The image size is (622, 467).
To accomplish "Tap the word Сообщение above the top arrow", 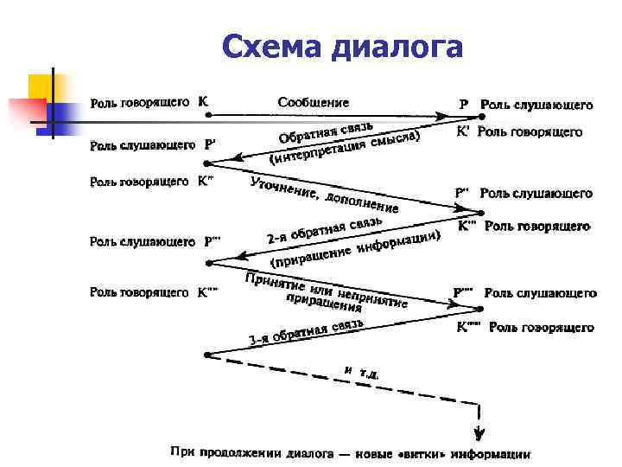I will point(314,101).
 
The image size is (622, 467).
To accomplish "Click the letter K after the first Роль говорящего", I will point(202,100).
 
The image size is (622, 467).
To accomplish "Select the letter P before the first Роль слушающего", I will point(464,105).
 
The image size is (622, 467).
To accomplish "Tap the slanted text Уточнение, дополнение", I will point(323,195).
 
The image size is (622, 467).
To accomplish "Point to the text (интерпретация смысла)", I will point(346,147).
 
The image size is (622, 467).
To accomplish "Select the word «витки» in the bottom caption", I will point(422,452).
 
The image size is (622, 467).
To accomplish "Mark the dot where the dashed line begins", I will point(206,354).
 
